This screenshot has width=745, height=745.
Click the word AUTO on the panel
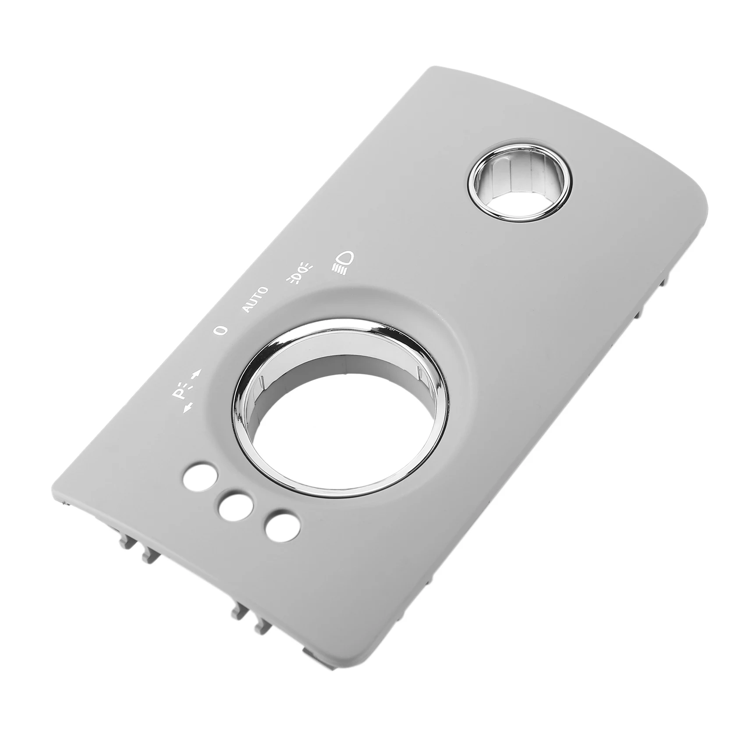point(255,299)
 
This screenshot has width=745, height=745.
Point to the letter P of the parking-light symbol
point(180,394)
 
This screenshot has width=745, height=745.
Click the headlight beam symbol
point(343,260)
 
